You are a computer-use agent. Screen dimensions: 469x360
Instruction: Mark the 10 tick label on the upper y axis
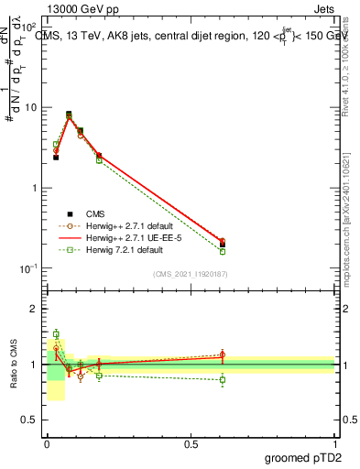31,107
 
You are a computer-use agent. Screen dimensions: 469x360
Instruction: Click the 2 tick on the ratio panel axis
35,309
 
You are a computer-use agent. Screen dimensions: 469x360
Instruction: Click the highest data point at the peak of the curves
69,115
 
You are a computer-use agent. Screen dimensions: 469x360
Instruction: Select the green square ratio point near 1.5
56,334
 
